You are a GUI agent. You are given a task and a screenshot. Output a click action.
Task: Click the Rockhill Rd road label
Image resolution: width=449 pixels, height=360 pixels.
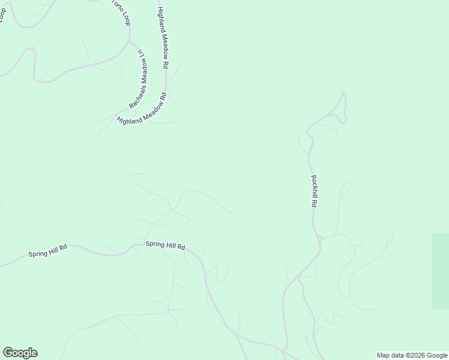(x=313, y=191)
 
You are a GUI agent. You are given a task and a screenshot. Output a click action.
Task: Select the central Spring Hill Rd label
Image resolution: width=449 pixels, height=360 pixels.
(x=165, y=245)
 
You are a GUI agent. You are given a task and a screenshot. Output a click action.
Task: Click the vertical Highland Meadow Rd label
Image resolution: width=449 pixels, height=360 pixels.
(x=163, y=37)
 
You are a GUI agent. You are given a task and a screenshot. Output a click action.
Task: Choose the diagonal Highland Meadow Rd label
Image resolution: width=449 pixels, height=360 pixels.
(x=142, y=109)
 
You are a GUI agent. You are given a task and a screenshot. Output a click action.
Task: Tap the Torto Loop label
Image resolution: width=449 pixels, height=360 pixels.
(x=121, y=11)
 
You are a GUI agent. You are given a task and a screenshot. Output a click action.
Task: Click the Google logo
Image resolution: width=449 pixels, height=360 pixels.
(x=20, y=353)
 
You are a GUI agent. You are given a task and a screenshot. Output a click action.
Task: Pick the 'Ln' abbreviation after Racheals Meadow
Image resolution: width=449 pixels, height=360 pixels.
(x=141, y=54)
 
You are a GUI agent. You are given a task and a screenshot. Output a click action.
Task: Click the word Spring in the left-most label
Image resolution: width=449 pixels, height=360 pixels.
(x=37, y=253)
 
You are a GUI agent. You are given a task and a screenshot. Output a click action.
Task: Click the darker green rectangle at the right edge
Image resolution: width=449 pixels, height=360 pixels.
(x=440, y=271)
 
